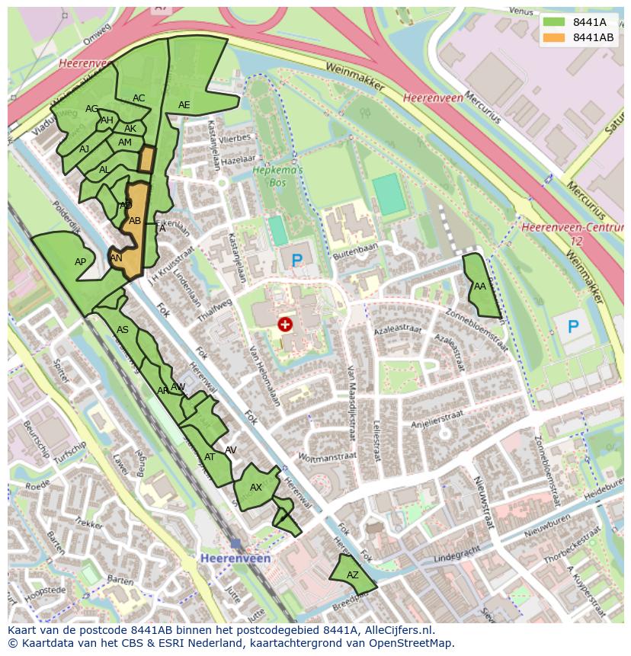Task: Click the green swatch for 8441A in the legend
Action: (554, 22)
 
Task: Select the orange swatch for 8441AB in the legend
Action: (554, 37)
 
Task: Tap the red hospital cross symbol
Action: (285, 325)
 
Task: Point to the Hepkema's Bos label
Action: (278, 176)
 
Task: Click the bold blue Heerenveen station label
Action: (235, 558)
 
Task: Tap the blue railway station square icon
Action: (235, 544)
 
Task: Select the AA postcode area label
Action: (480, 286)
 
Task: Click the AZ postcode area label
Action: (353, 575)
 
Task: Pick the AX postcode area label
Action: (256, 488)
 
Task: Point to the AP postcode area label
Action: (80, 261)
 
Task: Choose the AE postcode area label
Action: (184, 105)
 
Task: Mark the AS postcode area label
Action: (123, 330)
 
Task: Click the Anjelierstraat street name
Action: (437, 417)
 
